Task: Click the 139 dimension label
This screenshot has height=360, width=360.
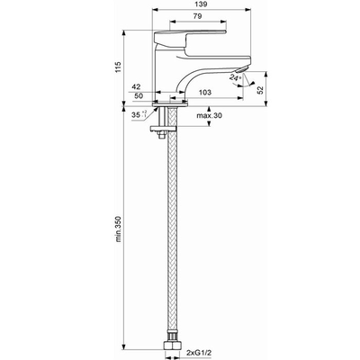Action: click(x=202, y=4)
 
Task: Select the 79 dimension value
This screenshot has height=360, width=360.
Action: click(x=197, y=17)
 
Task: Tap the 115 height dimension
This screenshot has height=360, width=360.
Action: click(x=118, y=67)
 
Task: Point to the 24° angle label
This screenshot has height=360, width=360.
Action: click(x=235, y=77)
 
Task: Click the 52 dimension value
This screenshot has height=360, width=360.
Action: click(x=260, y=90)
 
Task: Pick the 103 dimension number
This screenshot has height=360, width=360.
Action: click(x=205, y=93)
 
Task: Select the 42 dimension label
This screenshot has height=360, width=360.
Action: click(x=136, y=87)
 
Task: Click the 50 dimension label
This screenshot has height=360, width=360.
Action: click(x=139, y=96)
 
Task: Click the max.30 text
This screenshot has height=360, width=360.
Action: click(x=210, y=115)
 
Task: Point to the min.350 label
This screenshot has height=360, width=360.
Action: click(x=118, y=229)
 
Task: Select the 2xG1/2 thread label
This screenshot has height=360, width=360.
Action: click(x=199, y=352)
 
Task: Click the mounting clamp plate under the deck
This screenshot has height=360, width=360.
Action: click(x=163, y=129)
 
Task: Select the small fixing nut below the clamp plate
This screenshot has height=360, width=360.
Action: click(x=162, y=135)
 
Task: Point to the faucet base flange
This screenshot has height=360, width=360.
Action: click(x=170, y=103)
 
